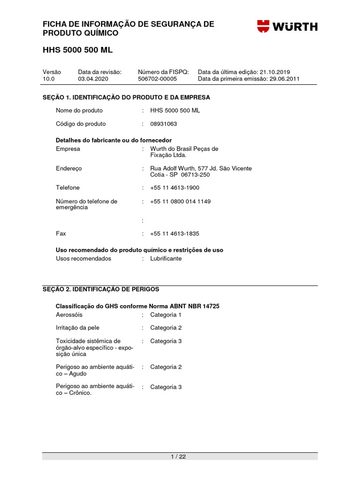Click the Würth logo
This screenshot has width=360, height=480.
(287, 26)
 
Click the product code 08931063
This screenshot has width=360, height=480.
(164, 124)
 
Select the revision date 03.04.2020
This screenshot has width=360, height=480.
(93, 79)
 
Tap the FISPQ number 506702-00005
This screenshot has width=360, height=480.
(157, 79)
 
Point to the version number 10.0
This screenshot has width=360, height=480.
(49, 79)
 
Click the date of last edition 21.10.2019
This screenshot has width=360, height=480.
(275, 72)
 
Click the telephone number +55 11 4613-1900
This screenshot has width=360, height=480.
(174, 188)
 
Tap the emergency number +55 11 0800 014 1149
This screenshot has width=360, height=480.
(180, 202)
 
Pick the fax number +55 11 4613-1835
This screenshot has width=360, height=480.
(174, 233)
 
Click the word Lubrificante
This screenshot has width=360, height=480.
(165, 259)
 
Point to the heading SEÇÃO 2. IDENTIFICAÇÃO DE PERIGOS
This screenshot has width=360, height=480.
(101, 289)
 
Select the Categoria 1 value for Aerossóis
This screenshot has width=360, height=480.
(165, 315)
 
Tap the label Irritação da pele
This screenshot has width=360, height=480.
(77, 328)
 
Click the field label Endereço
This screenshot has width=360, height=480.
(68, 168)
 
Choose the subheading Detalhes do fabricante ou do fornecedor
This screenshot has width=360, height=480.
(113, 141)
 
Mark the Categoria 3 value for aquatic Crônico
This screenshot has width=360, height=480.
(165, 387)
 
